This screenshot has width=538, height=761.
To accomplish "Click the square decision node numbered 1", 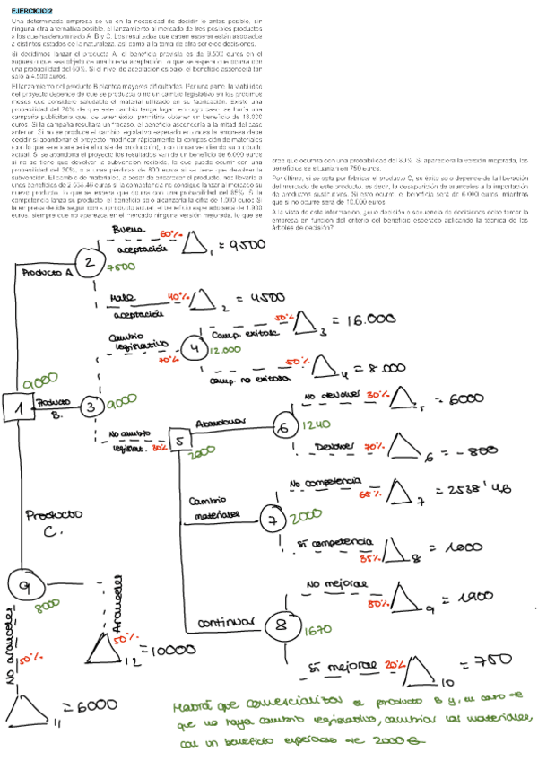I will (x=19, y=408).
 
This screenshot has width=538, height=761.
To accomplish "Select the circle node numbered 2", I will (x=91, y=262).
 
